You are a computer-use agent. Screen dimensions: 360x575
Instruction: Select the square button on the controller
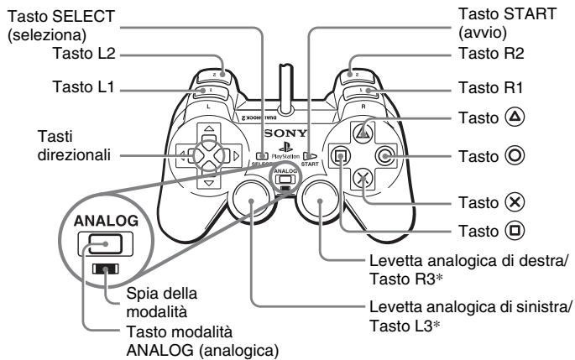pos(341,154)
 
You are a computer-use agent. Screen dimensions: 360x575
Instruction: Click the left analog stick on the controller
pos(251,199)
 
